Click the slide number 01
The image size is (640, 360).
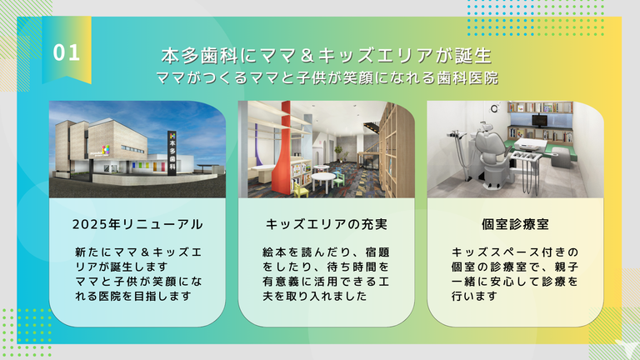click(x=66, y=53)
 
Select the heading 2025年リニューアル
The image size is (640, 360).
click(x=137, y=224)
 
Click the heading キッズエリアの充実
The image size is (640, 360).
click(x=326, y=224)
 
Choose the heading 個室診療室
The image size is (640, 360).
click(x=515, y=224)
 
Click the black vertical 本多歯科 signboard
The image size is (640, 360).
click(x=172, y=153)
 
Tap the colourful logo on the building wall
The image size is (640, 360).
click(x=106, y=149)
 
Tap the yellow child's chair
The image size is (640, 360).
click(x=300, y=188)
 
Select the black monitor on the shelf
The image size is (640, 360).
click(x=540, y=120)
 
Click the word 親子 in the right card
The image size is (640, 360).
click(x=567, y=267)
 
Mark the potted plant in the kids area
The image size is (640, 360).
click(x=339, y=153)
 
